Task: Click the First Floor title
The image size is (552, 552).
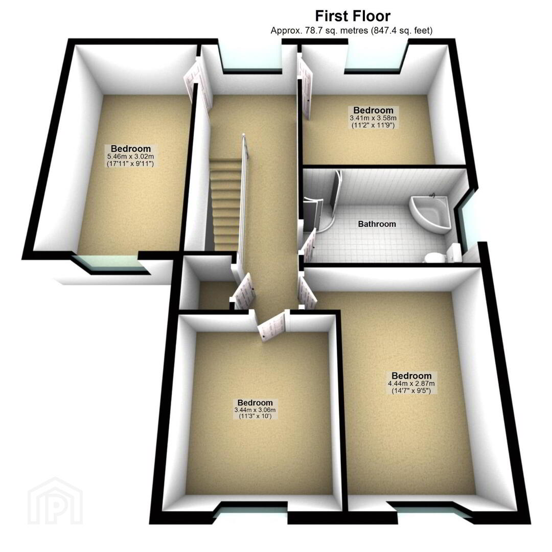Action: [x=352, y=16]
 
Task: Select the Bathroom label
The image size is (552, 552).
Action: [x=377, y=224]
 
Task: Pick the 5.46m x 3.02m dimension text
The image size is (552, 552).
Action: [x=131, y=157]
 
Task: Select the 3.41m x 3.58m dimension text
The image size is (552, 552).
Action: [x=373, y=118]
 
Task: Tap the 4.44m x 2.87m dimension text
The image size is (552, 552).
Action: [x=411, y=384]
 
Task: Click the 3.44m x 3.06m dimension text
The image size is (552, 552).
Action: [x=255, y=410]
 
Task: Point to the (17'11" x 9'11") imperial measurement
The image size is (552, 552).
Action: [x=130, y=164]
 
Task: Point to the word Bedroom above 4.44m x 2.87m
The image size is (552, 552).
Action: [x=411, y=376]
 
